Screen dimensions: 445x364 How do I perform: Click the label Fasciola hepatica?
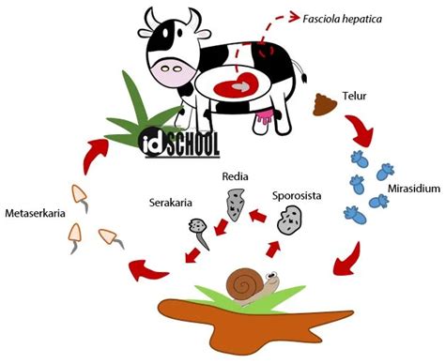[x=342, y=19]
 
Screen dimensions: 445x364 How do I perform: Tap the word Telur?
[x=354, y=96]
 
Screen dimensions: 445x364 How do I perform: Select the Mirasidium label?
[x=414, y=189]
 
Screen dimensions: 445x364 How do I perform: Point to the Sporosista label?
[x=297, y=196]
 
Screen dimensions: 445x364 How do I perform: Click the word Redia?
[x=235, y=176]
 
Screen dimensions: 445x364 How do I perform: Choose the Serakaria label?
[x=171, y=203]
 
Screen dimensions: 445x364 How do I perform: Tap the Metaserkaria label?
[x=36, y=213]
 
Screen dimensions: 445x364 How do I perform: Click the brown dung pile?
[x=325, y=104]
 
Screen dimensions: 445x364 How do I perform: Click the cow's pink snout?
[x=173, y=71]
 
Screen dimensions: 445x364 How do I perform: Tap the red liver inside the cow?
[x=236, y=85]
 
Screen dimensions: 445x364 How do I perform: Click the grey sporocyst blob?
[x=290, y=220]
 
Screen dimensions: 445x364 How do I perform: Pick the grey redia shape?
[x=236, y=205]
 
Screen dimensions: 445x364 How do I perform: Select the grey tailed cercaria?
[x=199, y=233]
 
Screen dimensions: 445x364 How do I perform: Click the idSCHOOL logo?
[x=179, y=144]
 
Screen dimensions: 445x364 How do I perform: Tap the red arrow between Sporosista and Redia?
[x=257, y=216]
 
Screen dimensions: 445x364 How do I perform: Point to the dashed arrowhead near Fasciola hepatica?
[x=294, y=17]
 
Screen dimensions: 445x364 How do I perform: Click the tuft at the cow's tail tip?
[x=304, y=77]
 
